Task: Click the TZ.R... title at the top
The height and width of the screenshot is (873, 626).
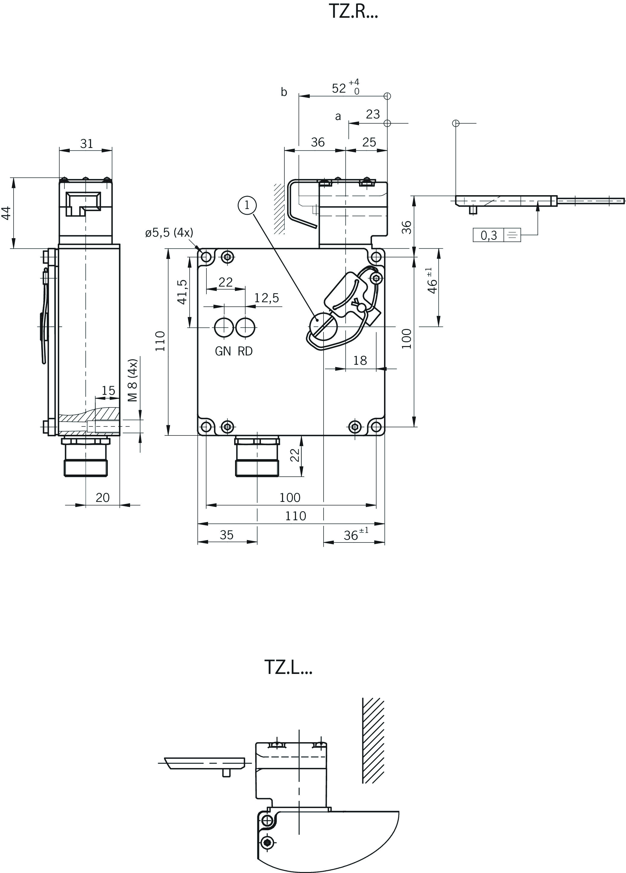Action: point(353,11)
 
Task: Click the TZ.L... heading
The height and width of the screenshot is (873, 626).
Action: point(288,667)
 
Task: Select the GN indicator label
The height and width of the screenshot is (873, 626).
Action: point(223,351)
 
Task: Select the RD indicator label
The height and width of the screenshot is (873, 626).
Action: point(245,351)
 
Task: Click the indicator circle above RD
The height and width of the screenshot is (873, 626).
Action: point(245,327)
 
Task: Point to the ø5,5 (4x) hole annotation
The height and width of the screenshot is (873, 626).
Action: point(169,232)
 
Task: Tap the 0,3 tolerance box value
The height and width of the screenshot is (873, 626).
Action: point(488,235)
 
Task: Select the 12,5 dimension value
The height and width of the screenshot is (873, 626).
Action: point(267,297)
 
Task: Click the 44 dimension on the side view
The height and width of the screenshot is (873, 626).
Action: point(6,213)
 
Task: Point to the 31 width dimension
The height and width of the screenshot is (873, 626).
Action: point(87,143)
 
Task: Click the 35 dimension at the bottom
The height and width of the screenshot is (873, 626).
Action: point(227,535)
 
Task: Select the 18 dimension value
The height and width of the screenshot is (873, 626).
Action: point(360,360)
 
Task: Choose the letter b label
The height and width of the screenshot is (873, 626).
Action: point(284,92)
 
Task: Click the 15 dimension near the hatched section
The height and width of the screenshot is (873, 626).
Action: point(108,391)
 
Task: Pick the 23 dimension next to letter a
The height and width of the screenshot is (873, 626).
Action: point(373,114)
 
